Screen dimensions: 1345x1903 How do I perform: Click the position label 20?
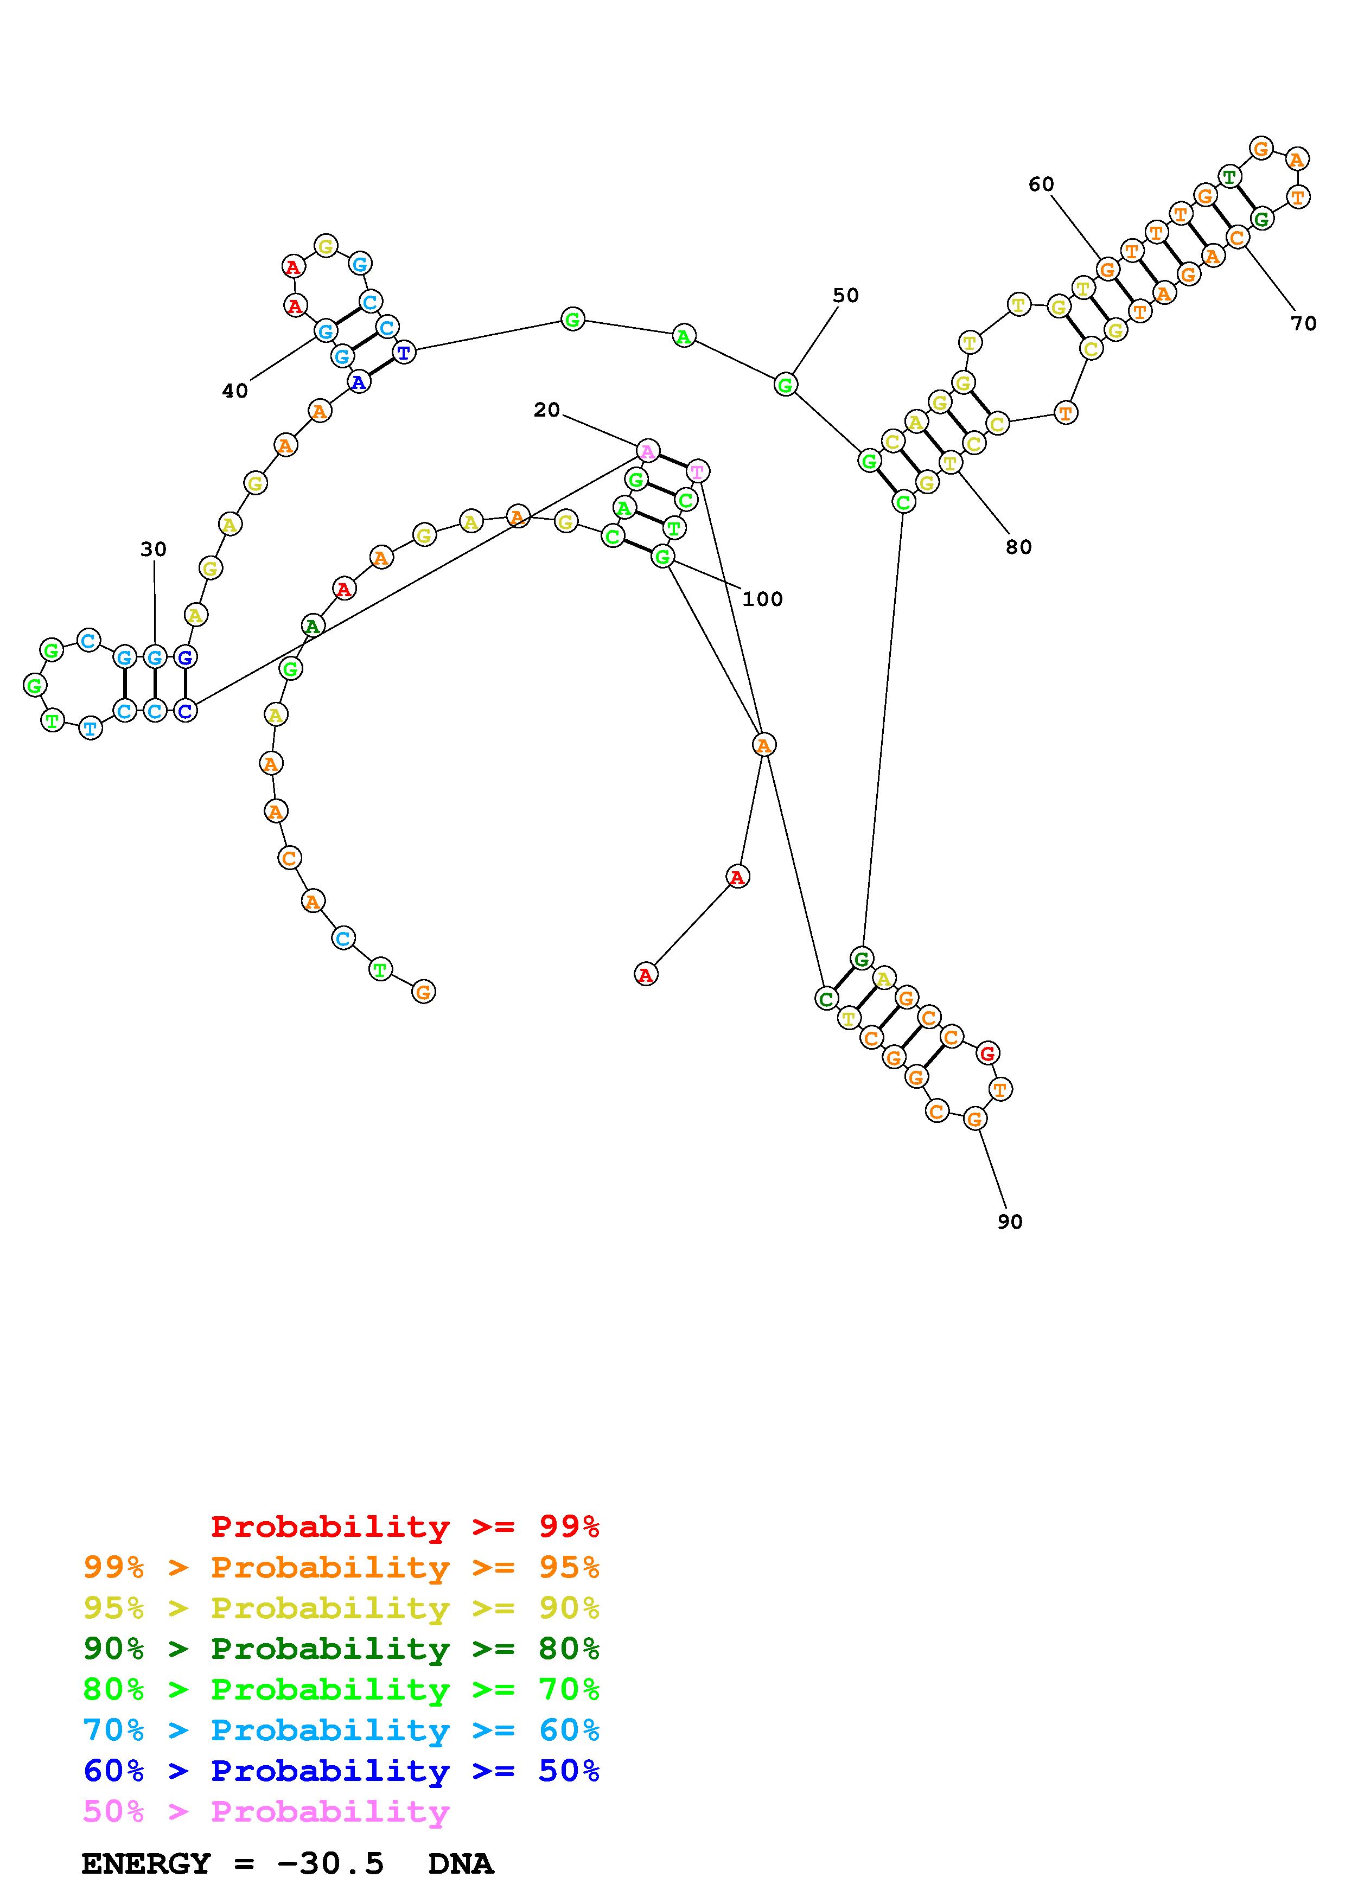pos(546,410)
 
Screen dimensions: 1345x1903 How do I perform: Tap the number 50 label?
pos(845,295)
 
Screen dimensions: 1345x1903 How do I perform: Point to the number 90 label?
pos(1009,1222)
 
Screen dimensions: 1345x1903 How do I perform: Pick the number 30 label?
pos(154,548)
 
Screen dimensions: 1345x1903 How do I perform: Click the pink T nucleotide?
pos(698,471)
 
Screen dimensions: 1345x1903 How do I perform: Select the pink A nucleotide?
pos(648,452)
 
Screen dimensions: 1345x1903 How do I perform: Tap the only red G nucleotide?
pos(987,1053)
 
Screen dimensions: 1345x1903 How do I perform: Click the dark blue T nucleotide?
pos(404,352)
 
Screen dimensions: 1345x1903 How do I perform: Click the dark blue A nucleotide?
pos(359,382)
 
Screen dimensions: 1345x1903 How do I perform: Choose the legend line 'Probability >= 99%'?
pos(405,1526)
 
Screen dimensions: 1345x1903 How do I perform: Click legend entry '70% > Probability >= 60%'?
pos(341,1730)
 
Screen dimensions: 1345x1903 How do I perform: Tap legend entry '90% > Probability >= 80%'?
pos(341,1649)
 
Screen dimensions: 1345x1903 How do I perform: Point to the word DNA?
pos(461,1863)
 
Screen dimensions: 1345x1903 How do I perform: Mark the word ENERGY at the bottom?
pos(146,1863)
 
